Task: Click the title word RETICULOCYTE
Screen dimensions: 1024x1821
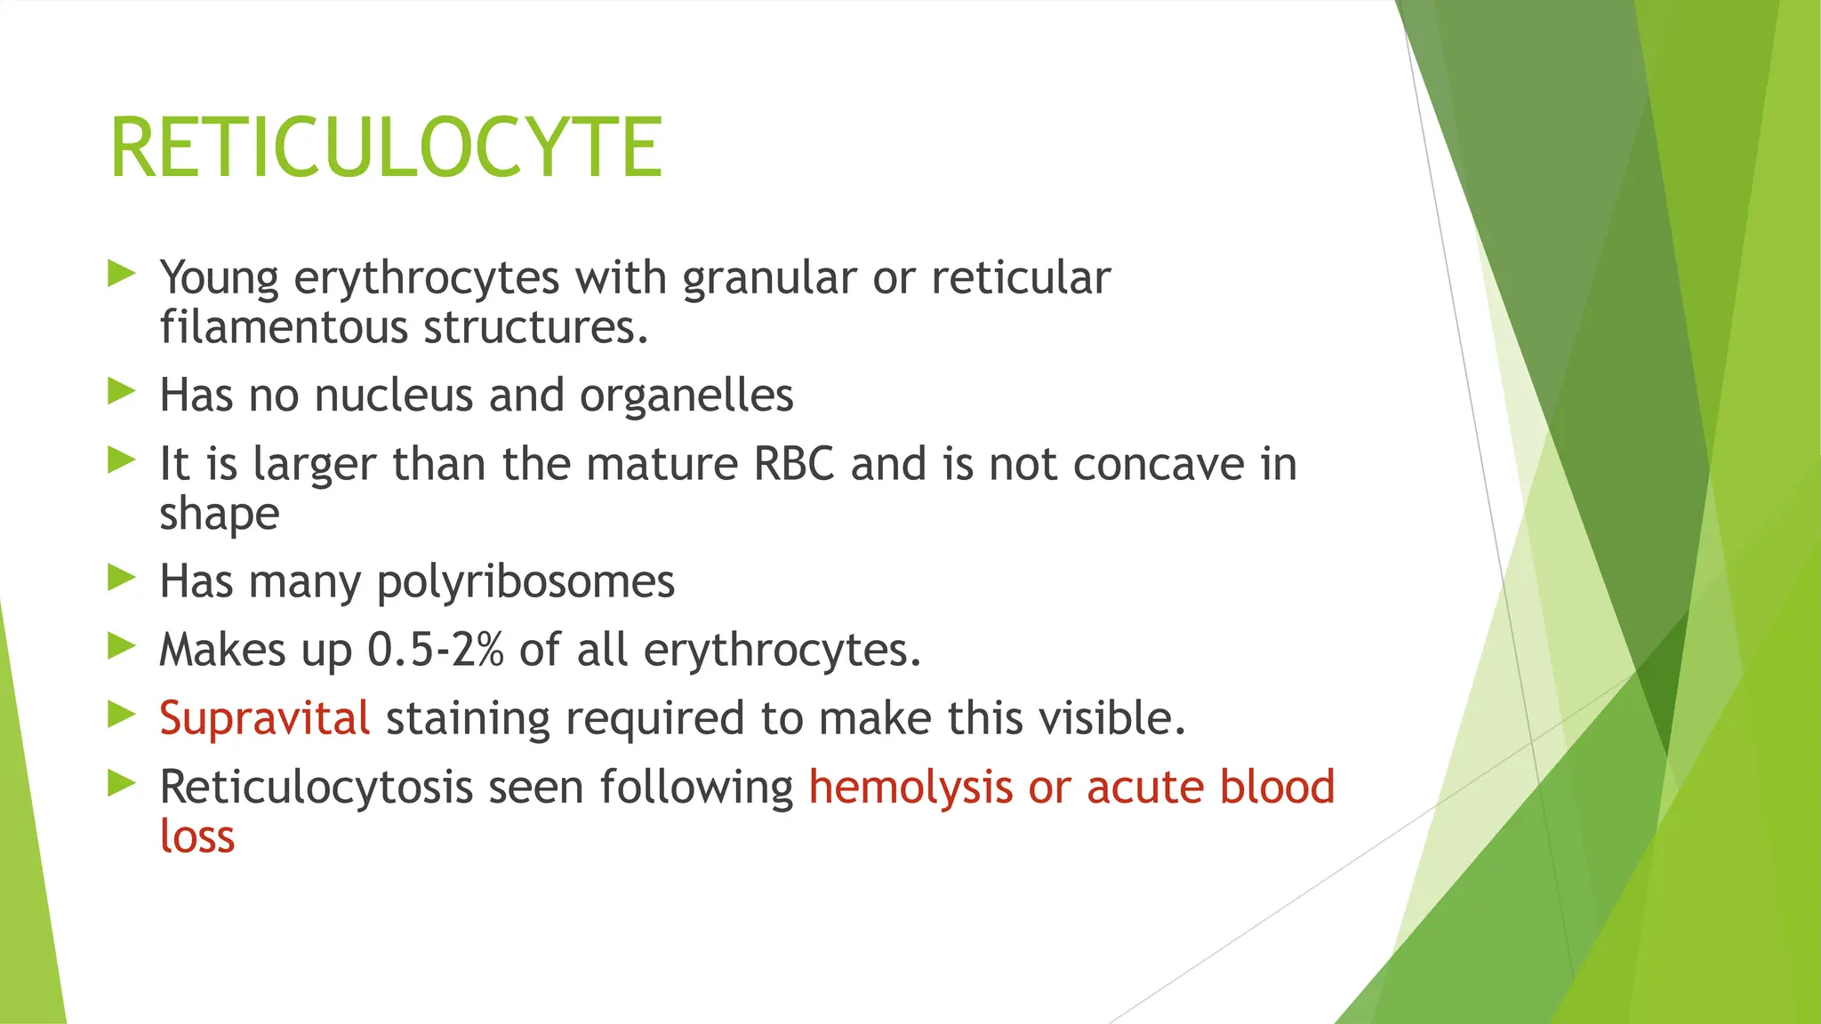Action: (x=386, y=148)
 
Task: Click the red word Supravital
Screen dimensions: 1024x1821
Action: (x=264, y=718)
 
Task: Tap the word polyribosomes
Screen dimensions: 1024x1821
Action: (x=525, y=583)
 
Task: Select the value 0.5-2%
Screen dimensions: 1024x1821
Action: (x=436, y=650)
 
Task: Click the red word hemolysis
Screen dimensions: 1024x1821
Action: (x=910, y=788)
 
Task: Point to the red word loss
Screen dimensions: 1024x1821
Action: (x=197, y=836)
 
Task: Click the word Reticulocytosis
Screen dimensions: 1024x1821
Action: (x=316, y=788)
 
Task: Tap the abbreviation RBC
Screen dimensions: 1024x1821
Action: (x=794, y=464)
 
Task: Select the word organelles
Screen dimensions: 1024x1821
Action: (x=686, y=396)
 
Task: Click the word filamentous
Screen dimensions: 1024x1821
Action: (x=284, y=327)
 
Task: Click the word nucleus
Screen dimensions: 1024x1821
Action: (x=394, y=396)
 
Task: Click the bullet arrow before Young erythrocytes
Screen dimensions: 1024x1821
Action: (x=121, y=273)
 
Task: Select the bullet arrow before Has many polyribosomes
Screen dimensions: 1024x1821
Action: (x=121, y=578)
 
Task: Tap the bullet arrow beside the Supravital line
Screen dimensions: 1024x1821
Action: (x=121, y=714)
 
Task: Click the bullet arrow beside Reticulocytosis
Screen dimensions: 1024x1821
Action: (x=121, y=782)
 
